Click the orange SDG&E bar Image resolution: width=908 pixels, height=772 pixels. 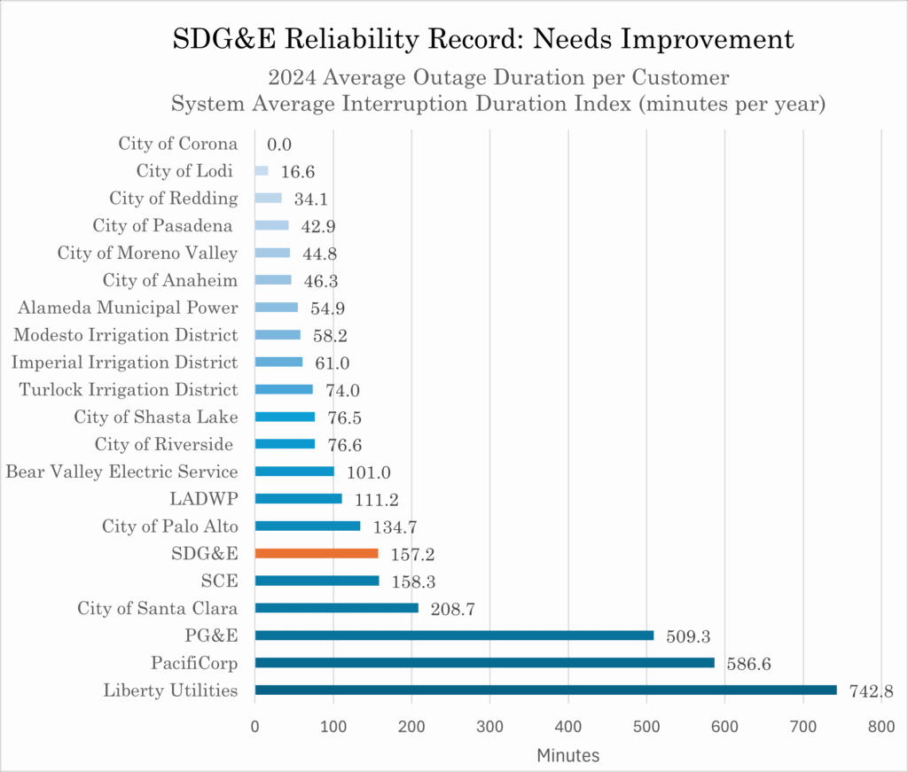(316, 553)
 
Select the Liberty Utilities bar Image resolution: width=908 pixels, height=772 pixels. (544, 690)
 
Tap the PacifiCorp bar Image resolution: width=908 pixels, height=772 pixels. (484, 662)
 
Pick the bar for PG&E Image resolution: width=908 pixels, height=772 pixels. (454, 635)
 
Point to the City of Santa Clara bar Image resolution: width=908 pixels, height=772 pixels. (336, 608)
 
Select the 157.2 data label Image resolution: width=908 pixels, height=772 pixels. (413, 555)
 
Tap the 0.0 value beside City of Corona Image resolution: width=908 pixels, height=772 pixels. (279, 144)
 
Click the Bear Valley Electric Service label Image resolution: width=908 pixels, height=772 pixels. (121, 472)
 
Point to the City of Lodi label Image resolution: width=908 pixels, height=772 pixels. (184, 171)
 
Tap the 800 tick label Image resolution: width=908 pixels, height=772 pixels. (881, 726)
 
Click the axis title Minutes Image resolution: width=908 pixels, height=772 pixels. (567, 755)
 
